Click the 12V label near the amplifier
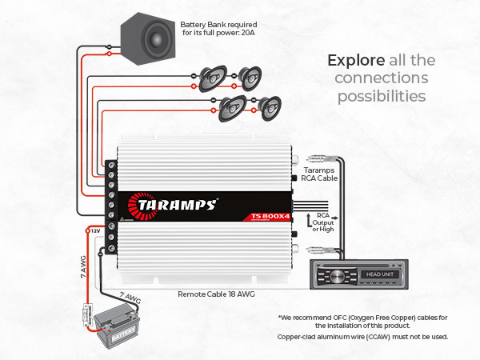coord(95,230)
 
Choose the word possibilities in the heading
coord(380,96)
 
